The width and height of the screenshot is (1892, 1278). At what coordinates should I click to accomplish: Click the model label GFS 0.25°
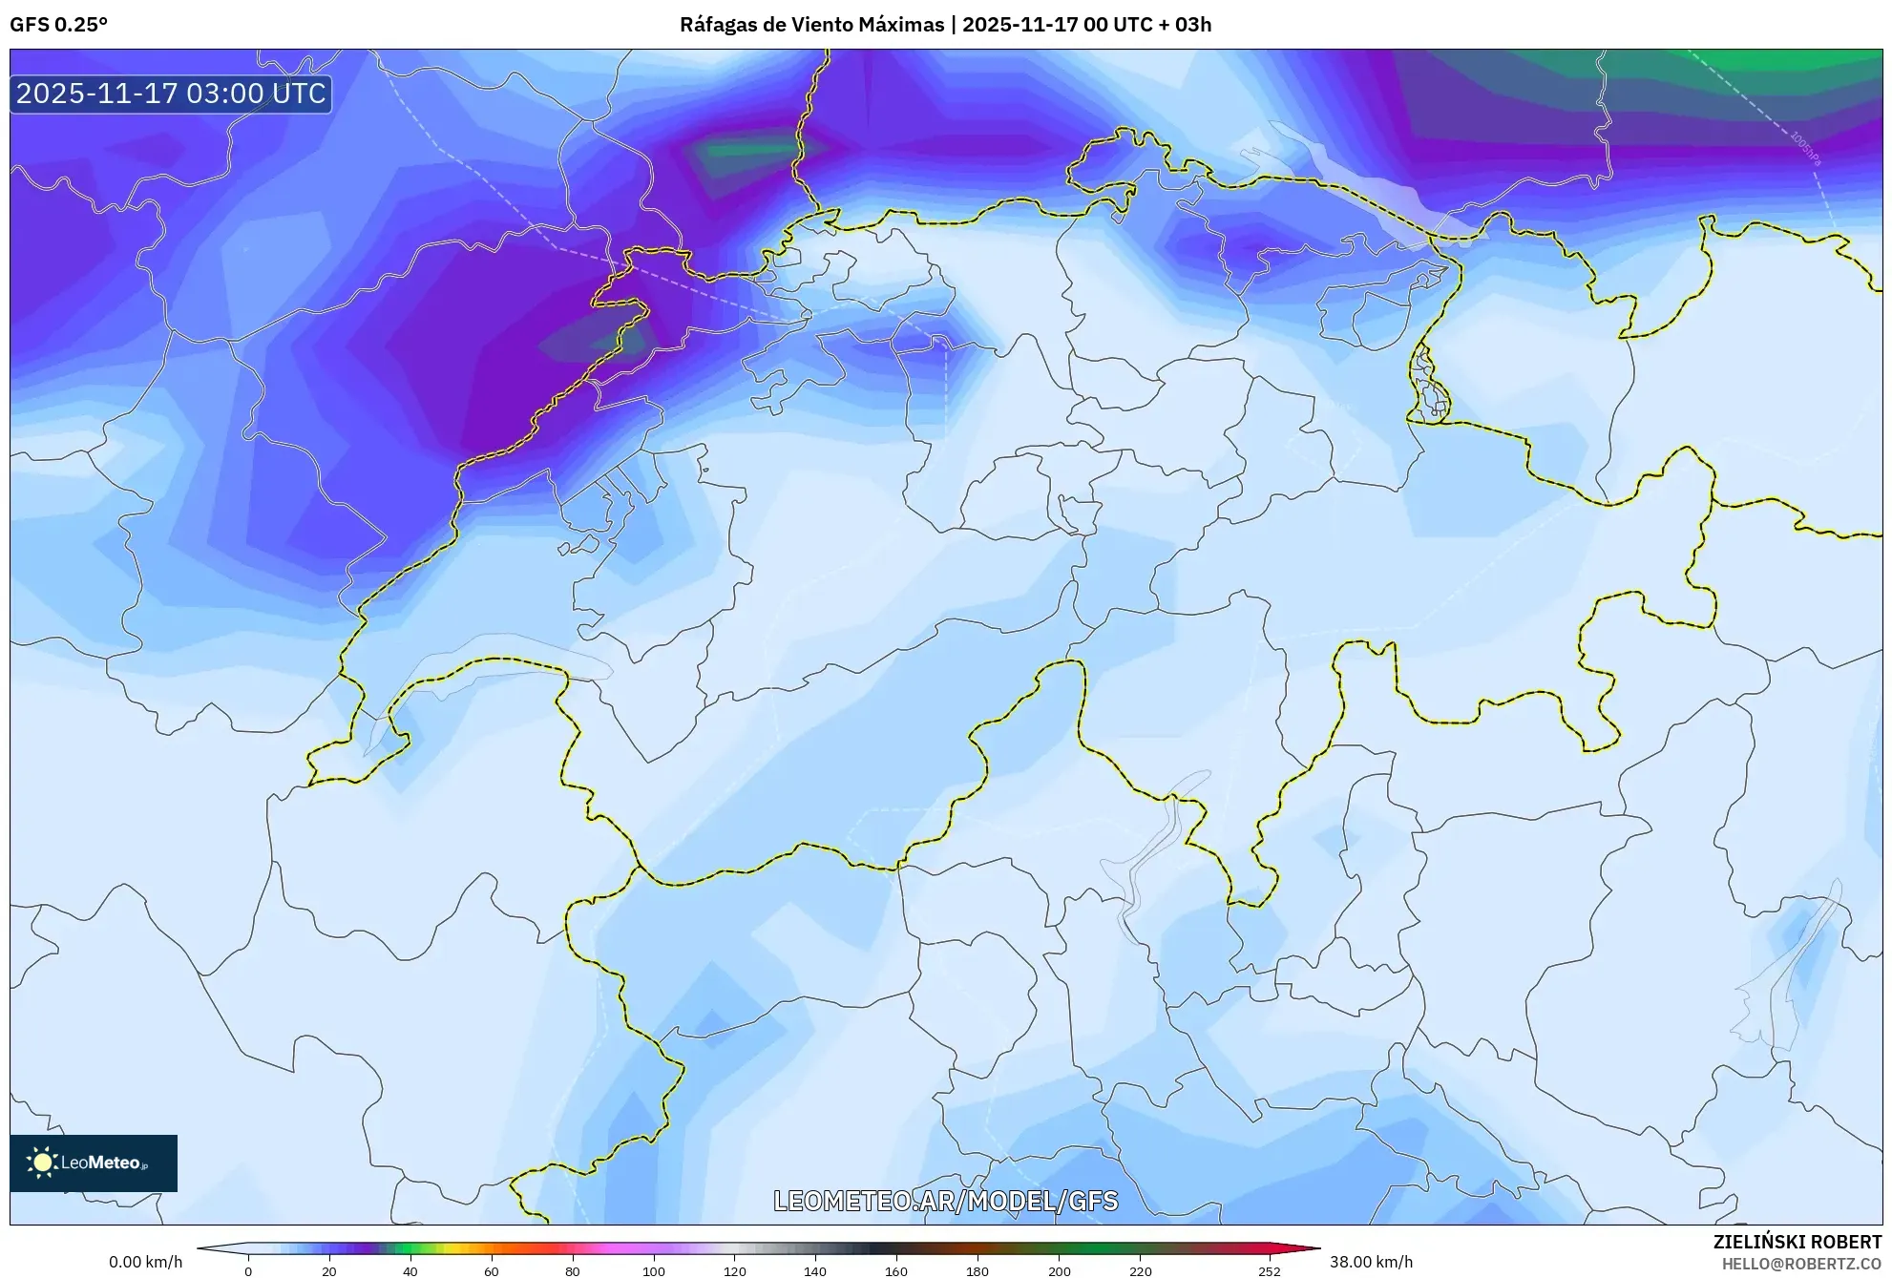(58, 25)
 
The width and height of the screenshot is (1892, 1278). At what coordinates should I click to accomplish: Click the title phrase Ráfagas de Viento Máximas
(811, 25)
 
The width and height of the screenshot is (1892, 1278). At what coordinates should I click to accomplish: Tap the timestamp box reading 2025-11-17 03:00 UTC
(171, 94)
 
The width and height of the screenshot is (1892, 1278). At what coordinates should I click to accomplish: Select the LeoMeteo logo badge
(94, 1163)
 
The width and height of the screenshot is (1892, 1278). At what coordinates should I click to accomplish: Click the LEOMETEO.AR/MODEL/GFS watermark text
(945, 1201)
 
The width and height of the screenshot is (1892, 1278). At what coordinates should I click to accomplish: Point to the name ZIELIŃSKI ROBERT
(1797, 1242)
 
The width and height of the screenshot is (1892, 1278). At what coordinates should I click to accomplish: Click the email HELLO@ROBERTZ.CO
(1801, 1264)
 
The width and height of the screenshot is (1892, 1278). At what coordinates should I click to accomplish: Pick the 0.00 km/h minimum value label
(145, 1262)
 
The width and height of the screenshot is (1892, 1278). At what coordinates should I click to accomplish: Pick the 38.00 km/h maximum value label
(1371, 1262)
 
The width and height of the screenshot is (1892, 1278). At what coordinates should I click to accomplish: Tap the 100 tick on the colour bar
(653, 1270)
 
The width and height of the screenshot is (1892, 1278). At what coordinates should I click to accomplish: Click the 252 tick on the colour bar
(1269, 1270)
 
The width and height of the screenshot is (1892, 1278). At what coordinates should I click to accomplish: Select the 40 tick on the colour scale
(410, 1270)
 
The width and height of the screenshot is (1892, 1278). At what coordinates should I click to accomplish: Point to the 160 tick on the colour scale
(896, 1270)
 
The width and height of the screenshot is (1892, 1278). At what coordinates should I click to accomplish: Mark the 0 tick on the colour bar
(248, 1270)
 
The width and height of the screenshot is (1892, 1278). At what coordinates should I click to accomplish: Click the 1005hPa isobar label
(1805, 149)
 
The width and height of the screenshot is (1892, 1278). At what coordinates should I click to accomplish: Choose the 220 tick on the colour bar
(1140, 1270)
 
